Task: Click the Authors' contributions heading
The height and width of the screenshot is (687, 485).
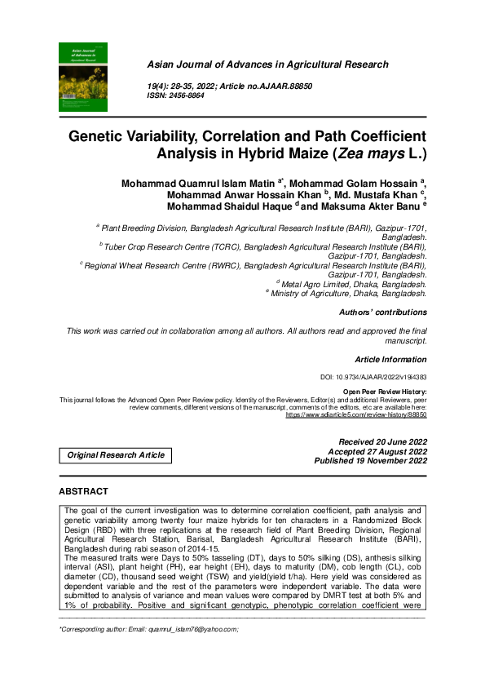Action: (x=382, y=312)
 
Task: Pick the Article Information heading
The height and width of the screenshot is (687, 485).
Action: (x=390, y=359)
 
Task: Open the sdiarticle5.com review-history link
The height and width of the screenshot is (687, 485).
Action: (x=356, y=414)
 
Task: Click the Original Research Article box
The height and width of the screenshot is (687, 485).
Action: (x=116, y=454)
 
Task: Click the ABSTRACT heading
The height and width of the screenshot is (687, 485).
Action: (x=83, y=492)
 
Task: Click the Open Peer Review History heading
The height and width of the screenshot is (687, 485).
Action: (x=385, y=392)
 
